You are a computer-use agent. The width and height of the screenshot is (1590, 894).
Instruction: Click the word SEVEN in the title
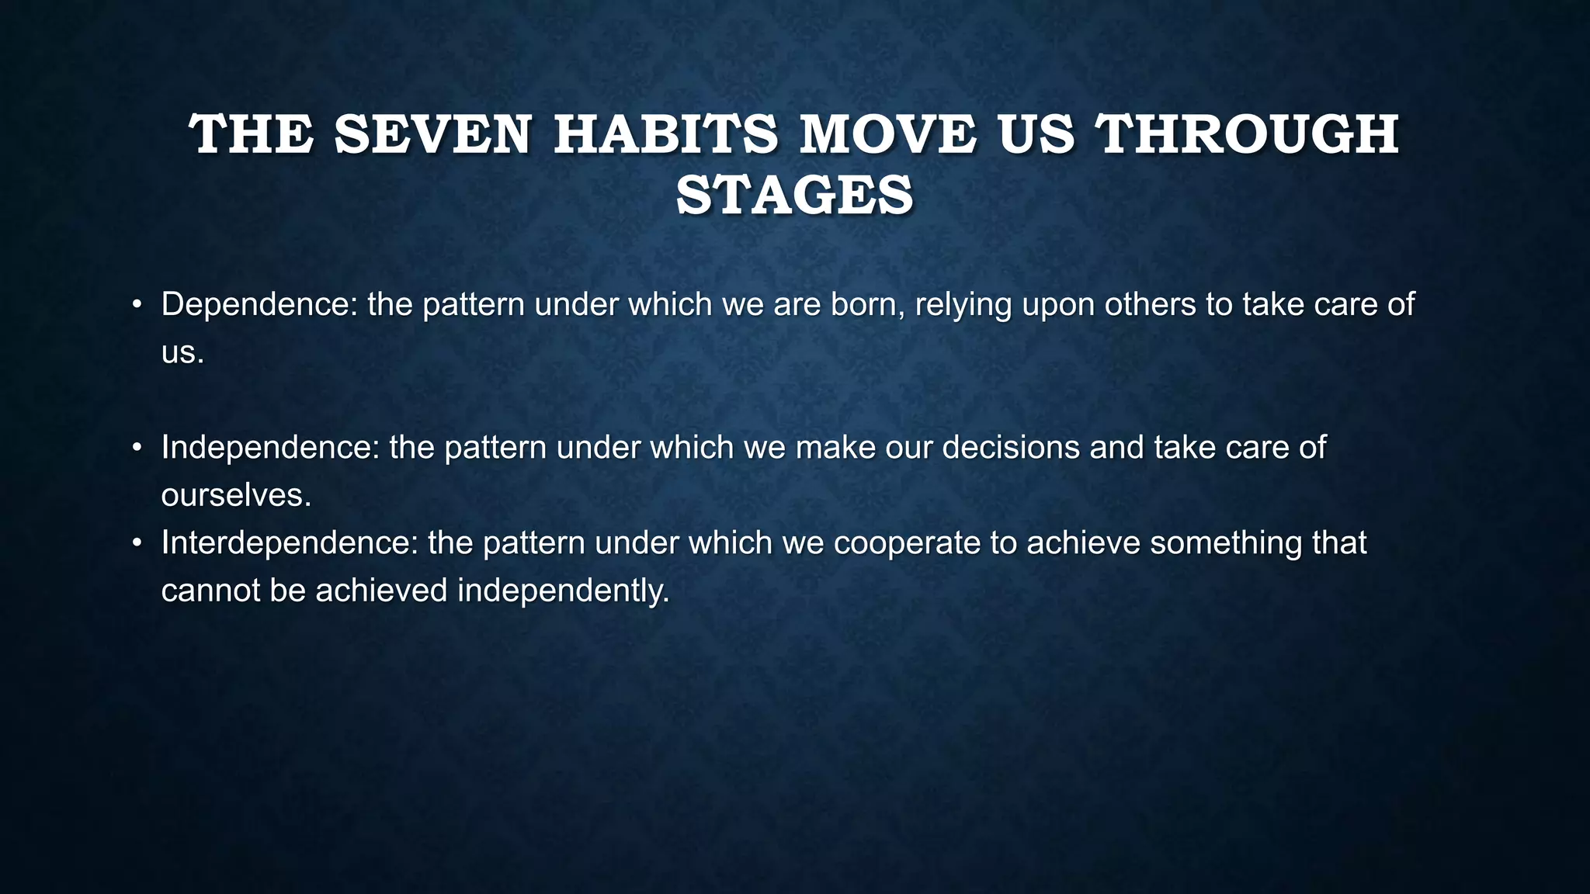tap(432, 135)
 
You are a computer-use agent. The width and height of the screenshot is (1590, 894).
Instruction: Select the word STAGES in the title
tap(794, 196)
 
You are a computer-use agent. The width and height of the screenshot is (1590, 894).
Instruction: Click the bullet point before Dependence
tap(136, 305)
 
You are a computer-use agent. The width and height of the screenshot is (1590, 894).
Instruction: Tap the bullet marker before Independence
tap(136, 448)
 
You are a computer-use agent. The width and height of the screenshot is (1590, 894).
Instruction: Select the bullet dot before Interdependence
tap(136, 543)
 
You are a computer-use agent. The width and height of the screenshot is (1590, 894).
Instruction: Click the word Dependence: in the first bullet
tap(259, 305)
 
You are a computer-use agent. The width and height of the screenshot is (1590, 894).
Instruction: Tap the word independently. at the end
tap(563, 592)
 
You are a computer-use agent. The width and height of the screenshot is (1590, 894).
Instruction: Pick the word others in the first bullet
tap(1150, 305)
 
